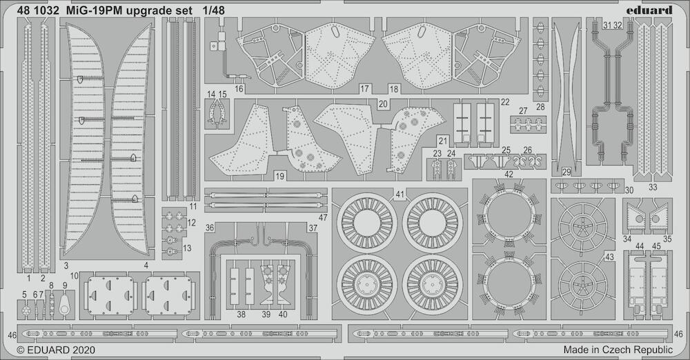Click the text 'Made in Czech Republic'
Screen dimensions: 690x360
tap(618, 350)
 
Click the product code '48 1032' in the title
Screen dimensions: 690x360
tap(38, 10)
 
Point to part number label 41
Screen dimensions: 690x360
tap(400, 194)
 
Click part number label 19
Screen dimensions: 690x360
tap(279, 176)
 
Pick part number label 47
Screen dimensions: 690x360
tap(323, 217)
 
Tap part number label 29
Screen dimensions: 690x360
tap(566, 172)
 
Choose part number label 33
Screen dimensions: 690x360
tap(653, 187)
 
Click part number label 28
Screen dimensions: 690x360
tap(540, 107)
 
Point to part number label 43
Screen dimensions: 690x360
tap(609, 257)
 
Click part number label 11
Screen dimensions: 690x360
tap(194, 206)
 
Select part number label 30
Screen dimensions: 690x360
tap(629, 190)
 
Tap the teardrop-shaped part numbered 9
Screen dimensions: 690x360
tap(65, 303)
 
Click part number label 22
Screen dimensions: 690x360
tap(505, 102)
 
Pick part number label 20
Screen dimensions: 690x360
tap(383, 104)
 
